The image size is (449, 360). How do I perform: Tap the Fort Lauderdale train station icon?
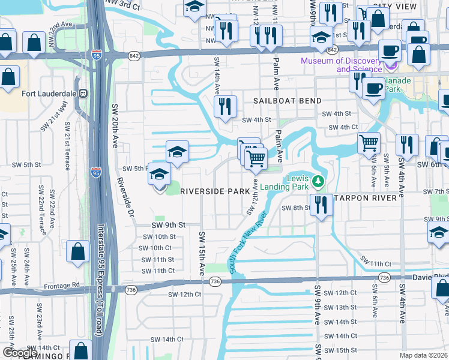click(83, 94)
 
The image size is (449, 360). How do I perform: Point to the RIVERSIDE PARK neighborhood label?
click(215, 191)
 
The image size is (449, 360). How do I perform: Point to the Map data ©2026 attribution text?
click(423, 355)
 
